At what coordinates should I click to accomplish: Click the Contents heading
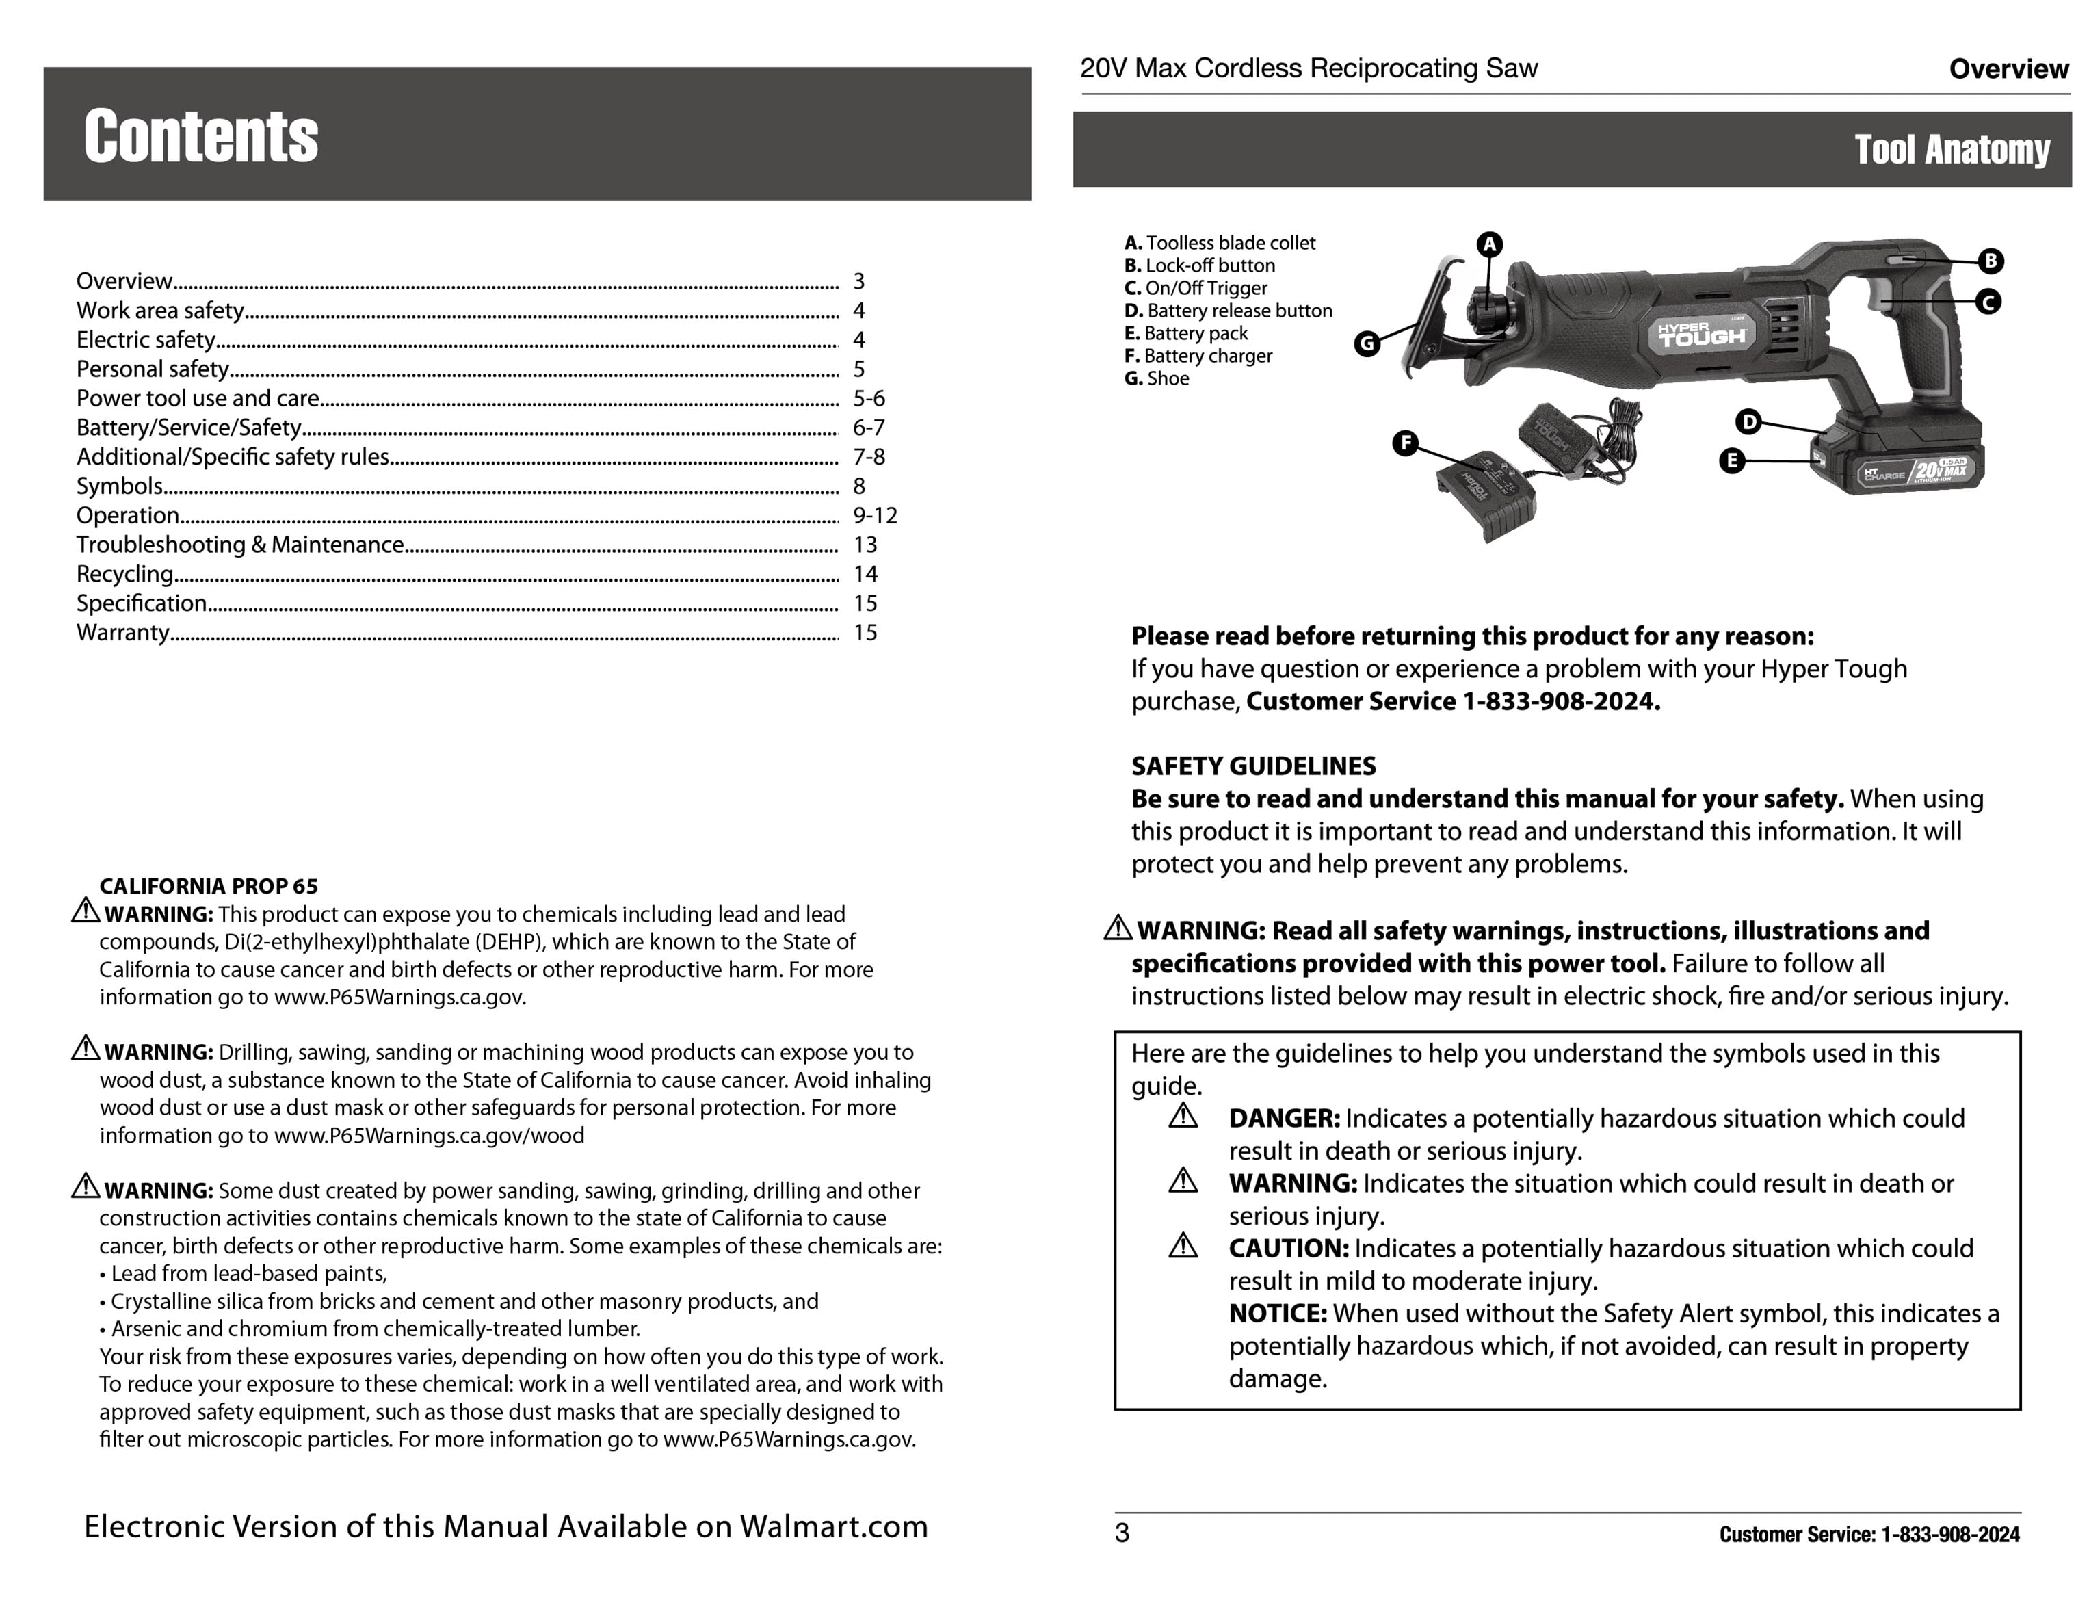201,136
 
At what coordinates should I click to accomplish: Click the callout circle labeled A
1489,244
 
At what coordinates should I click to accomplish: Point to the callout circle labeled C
1988,302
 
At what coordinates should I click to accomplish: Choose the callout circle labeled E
1731,461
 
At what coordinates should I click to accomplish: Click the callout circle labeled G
1367,343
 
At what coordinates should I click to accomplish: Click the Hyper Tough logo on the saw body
1702,333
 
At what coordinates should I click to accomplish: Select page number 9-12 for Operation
875,516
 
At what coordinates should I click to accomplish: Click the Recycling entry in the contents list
125,574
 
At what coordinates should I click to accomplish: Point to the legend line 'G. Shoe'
1157,379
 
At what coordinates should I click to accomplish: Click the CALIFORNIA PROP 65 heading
209,887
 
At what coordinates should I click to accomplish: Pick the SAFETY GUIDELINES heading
1253,766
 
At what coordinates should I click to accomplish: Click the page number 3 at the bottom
1122,1534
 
